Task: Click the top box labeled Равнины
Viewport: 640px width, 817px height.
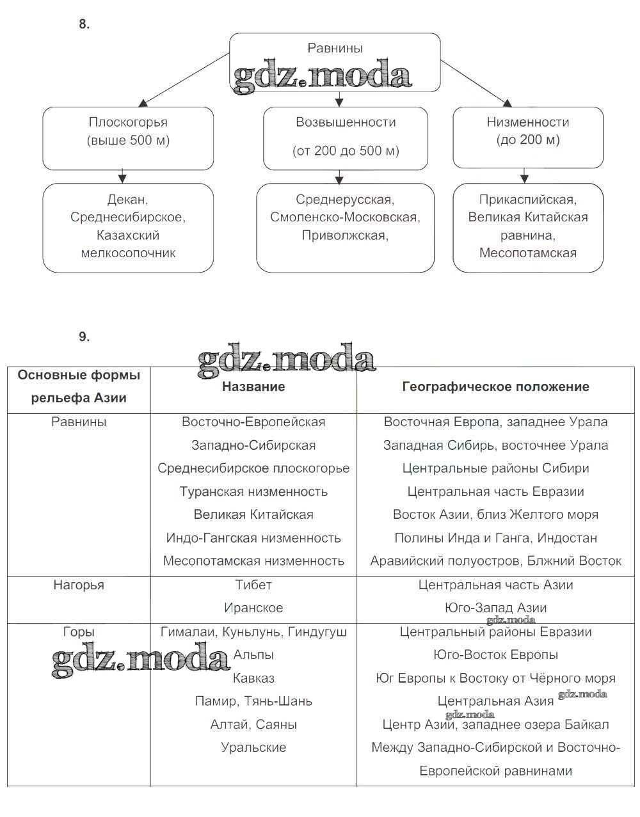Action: point(335,49)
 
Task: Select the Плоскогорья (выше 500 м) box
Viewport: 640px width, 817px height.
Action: point(128,138)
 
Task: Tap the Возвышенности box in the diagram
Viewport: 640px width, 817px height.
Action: point(346,138)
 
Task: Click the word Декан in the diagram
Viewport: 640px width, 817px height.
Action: point(128,200)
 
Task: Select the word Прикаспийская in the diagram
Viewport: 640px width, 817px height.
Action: point(528,200)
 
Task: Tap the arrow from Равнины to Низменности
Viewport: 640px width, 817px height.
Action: point(476,83)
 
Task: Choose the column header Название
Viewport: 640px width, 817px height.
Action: point(253,386)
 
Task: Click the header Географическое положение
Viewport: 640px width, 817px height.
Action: point(496,386)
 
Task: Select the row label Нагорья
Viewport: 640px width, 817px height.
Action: point(79,585)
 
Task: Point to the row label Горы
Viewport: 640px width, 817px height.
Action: point(79,631)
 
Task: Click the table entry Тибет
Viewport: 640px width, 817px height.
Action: point(253,585)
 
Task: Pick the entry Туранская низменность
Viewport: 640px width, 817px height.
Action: point(253,491)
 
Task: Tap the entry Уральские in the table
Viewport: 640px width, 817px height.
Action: point(253,747)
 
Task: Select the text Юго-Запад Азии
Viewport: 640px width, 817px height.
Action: point(496,608)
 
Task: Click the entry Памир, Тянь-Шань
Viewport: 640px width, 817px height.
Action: point(253,701)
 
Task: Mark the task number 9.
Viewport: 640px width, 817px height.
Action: point(84,337)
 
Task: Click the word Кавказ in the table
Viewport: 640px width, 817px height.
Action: point(253,678)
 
